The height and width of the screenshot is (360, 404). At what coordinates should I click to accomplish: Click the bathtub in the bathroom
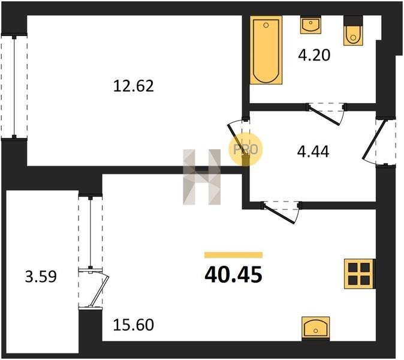(x=266, y=50)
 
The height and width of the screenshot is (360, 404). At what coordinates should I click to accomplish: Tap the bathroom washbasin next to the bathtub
(x=310, y=25)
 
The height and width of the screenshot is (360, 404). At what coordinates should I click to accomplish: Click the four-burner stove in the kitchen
(x=359, y=274)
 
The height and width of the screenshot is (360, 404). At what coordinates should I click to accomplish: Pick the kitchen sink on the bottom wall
(x=316, y=328)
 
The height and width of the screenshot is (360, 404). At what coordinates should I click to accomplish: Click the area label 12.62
(x=134, y=86)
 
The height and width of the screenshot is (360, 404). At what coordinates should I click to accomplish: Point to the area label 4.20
(x=314, y=55)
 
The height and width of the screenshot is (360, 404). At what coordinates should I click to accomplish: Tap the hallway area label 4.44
(x=313, y=152)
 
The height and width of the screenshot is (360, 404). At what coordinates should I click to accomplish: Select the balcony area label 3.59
(x=41, y=277)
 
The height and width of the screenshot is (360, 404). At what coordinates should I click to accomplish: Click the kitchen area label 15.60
(x=134, y=325)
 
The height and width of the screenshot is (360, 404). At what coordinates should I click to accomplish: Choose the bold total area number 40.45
(x=233, y=274)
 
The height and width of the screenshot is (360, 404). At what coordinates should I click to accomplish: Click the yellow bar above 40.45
(x=233, y=255)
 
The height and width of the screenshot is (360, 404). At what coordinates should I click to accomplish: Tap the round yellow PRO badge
(x=245, y=149)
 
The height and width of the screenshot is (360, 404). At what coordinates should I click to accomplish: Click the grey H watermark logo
(x=202, y=177)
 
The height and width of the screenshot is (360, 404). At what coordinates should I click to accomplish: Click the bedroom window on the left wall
(x=14, y=86)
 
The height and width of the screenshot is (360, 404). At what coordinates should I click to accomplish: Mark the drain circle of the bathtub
(x=266, y=25)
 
